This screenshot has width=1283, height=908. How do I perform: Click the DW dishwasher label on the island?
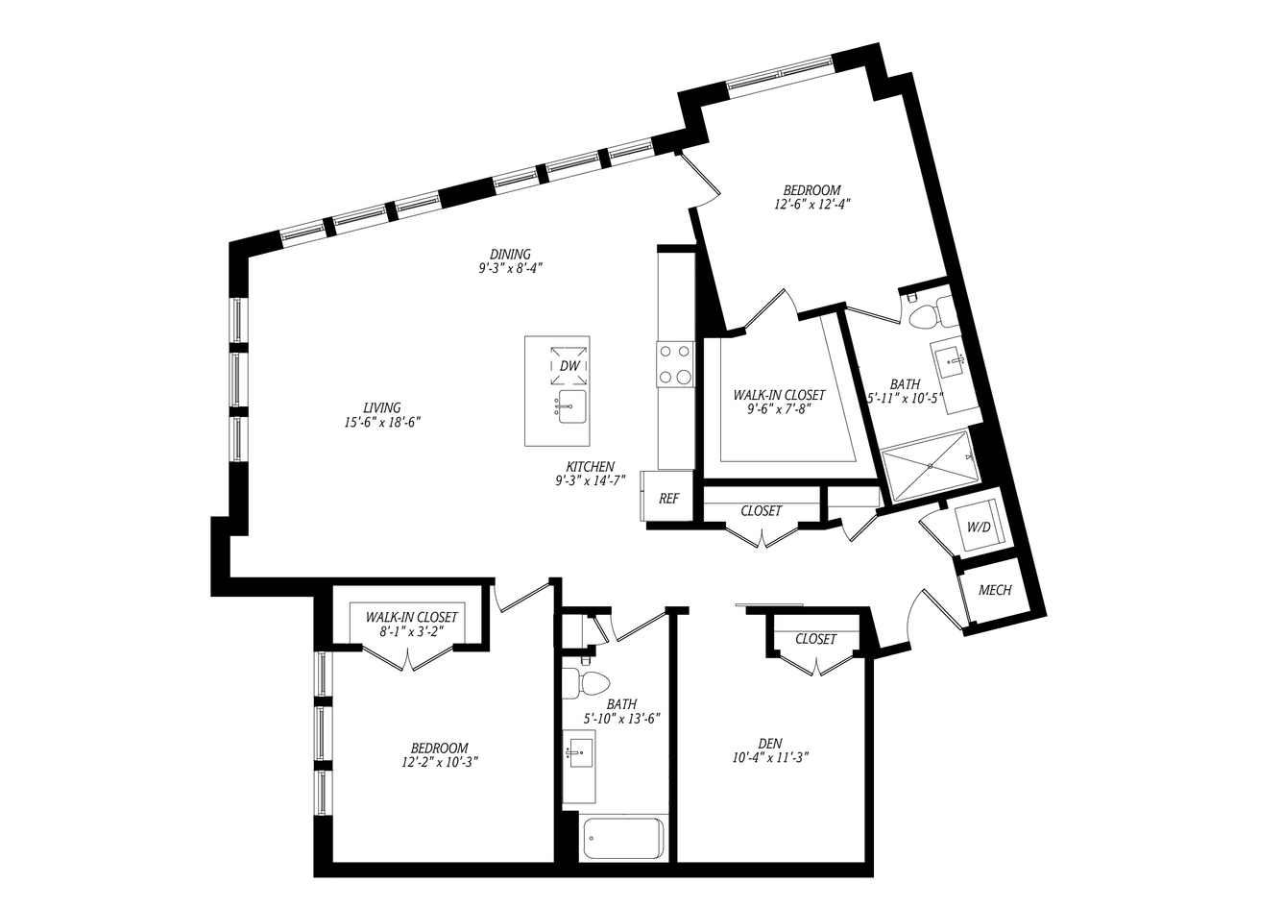[569, 366]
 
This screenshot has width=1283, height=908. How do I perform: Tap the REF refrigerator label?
[668, 499]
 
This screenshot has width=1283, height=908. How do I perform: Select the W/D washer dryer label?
[979, 528]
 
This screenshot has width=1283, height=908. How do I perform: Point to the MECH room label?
[995, 590]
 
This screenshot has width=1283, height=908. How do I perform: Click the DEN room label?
[770, 744]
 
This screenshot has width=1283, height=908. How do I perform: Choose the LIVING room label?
[382, 407]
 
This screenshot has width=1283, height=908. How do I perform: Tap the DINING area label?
[510, 254]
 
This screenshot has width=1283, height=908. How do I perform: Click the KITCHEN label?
[591, 467]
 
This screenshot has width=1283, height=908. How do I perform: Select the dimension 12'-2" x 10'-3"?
[440, 762]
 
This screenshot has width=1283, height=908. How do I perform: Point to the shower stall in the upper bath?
[931, 467]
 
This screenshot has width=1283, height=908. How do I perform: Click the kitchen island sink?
[572, 407]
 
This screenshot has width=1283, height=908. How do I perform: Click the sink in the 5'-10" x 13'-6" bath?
[579, 751]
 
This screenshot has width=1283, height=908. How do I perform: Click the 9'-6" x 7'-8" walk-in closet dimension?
[779, 408]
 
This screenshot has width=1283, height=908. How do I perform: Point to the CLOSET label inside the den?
[815, 639]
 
